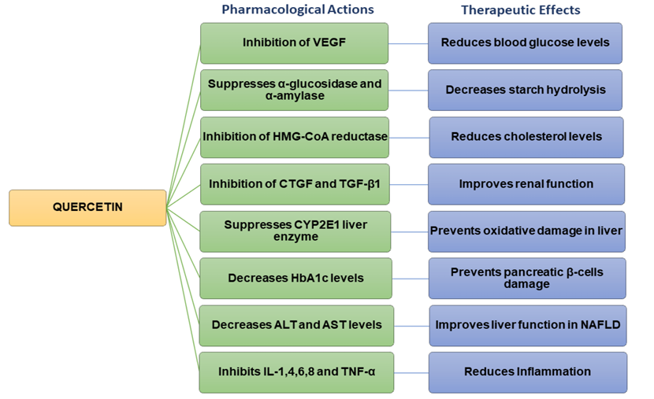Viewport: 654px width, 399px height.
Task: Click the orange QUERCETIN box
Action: pos(87,208)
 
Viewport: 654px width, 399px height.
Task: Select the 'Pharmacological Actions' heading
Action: pos(297,10)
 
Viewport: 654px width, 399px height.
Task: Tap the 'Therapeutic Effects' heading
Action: pos(520,10)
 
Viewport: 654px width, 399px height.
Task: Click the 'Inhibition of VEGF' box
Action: pos(294,42)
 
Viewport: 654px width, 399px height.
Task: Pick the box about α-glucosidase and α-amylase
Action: pos(294,90)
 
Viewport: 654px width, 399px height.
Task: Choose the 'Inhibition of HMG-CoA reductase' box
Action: pos(295,137)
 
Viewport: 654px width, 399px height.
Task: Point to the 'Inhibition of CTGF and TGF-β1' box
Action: pos(295,184)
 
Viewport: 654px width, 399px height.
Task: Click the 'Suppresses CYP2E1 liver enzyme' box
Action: pos(295,231)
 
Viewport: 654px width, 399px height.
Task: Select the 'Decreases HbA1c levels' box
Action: pos(295,279)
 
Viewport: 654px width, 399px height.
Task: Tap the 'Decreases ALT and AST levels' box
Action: pos(295,325)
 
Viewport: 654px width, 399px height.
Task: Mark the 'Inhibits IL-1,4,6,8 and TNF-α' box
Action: pos(295,372)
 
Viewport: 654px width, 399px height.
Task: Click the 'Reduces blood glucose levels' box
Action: pos(525,42)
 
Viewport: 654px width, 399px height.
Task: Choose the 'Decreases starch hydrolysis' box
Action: pos(526,90)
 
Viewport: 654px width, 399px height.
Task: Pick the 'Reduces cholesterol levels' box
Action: pos(526,137)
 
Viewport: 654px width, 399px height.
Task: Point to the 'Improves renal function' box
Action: pos(526,184)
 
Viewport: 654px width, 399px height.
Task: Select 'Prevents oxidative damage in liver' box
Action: pos(526,231)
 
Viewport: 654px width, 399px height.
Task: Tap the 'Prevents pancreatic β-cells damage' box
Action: pos(526,278)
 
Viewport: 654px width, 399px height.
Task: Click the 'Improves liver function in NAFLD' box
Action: pos(527,325)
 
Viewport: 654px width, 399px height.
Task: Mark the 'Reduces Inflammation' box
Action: pos(527,372)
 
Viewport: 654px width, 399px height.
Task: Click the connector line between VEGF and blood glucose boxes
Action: pos(408,43)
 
